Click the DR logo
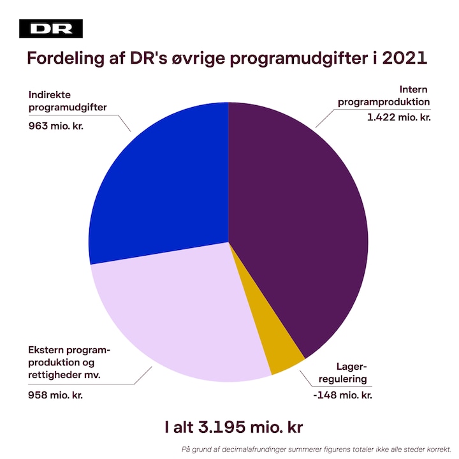tap(51, 29)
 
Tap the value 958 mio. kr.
tap(55, 395)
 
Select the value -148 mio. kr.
tap(343, 395)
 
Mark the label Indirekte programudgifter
tap(67, 101)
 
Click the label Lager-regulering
tap(347, 372)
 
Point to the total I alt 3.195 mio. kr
tap(229, 427)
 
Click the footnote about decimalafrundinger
tap(316, 448)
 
